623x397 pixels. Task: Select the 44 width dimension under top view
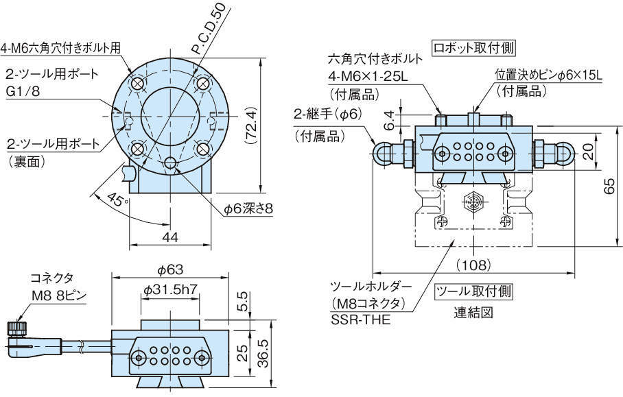tap(170, 237)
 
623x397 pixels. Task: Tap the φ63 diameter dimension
tap(169, 269)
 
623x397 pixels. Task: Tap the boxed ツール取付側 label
tap(473, 291)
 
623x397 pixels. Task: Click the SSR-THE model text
tap(360, 319)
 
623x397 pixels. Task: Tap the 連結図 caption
tap(473, 313)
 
